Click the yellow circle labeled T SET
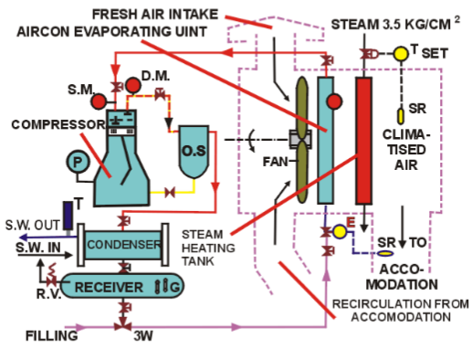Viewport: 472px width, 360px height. (x=401, y=54)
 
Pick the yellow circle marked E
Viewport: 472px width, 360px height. (x=340, y=232)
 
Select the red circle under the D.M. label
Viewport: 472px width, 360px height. (x=133, y=86)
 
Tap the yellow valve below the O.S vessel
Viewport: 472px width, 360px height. (x=169, y=193)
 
